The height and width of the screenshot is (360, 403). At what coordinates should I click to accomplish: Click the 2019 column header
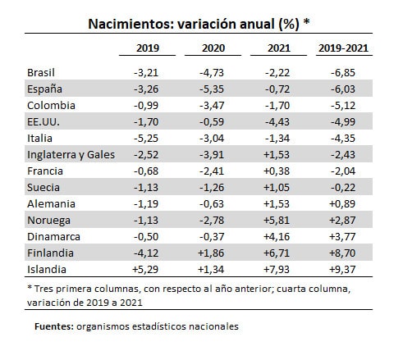(x=148, y=48)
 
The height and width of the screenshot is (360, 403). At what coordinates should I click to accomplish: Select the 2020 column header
(x=213, y=48)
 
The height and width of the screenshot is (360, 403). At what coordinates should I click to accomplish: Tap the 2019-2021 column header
(x=343, y=48)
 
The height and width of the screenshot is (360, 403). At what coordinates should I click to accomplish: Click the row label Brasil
(x=41, y=73)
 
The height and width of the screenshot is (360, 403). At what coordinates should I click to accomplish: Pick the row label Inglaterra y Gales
(x=71, y=155)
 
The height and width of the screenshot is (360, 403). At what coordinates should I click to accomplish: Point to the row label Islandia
(x=47, y=270)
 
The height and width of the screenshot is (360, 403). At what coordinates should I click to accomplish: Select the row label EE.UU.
(x=44, y=122)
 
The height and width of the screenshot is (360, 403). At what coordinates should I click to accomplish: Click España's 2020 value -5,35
(x=212, y=89)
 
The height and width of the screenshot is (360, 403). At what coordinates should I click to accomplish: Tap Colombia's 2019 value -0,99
(x=146, y=106)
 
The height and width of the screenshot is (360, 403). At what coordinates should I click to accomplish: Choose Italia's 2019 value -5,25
(x=146, y=139)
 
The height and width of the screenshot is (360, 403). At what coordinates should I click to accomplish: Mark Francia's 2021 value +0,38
(x=277, y=171)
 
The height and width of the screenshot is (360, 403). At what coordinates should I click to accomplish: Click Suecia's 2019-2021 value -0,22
(x=343, y=188)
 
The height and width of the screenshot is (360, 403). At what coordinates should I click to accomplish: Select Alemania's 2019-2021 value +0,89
(x=342, y=204)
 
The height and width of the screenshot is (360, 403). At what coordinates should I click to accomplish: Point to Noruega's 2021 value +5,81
(x=277, y=221)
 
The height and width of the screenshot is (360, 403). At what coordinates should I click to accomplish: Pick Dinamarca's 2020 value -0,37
(x=212, y=237)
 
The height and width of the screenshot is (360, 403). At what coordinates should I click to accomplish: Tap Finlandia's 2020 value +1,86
(x=211, y=253)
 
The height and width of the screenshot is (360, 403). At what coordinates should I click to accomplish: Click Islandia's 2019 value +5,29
(x=145, y=270)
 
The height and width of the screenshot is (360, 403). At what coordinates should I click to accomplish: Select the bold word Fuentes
(x=54, y=326)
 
